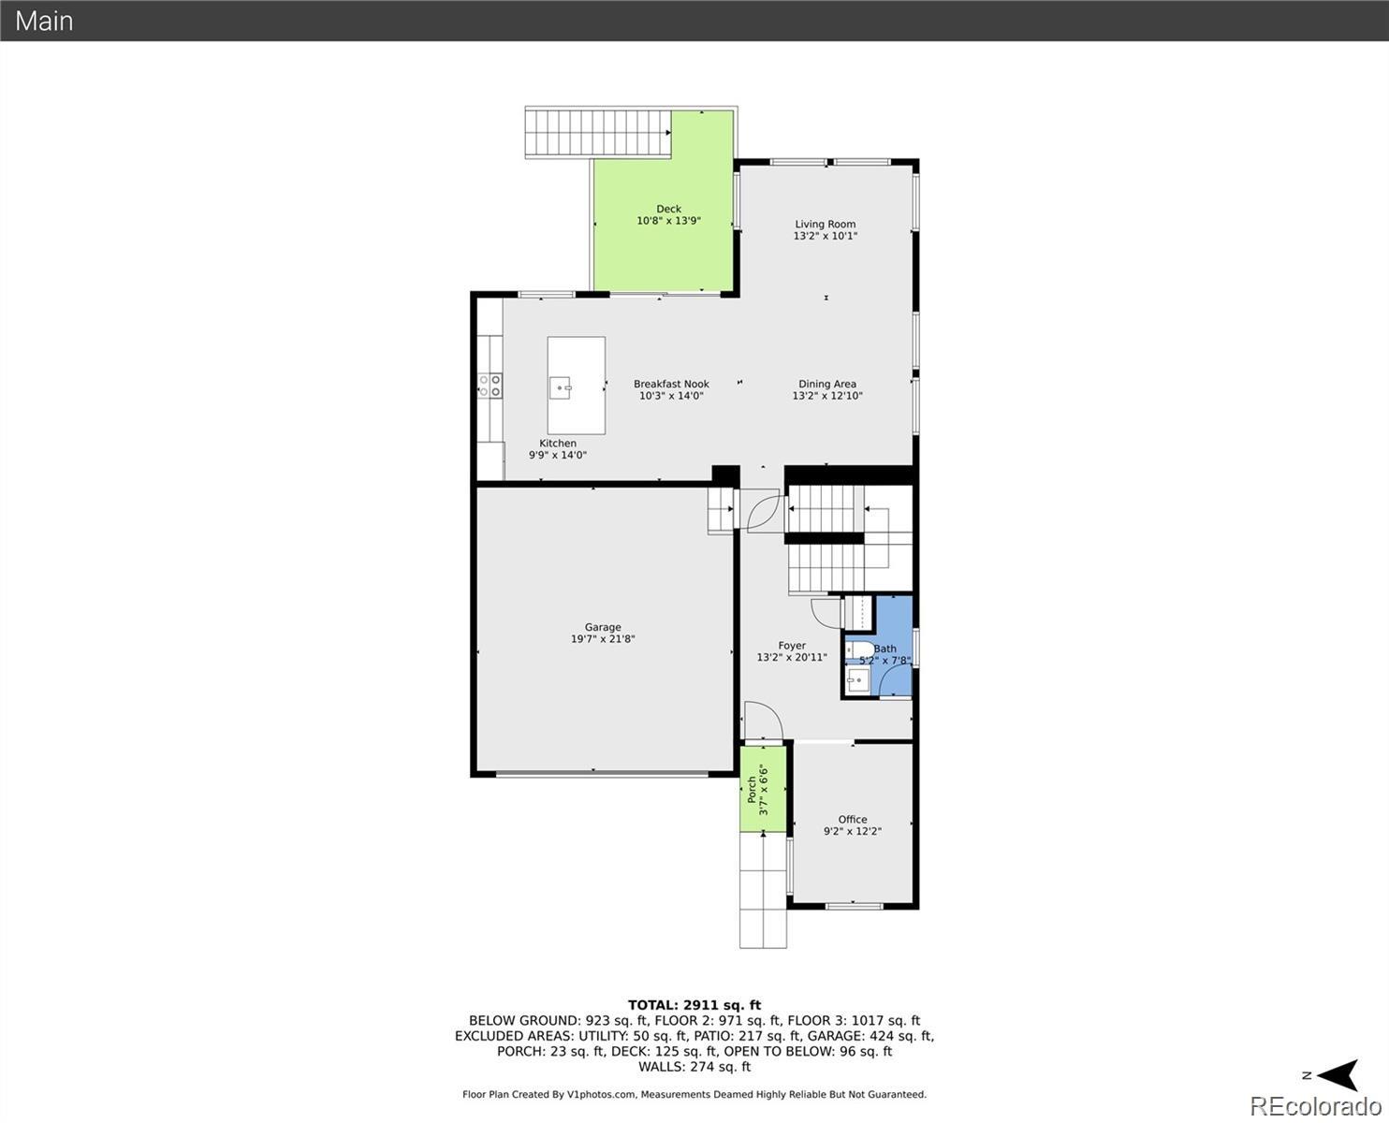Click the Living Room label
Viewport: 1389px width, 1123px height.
(825, 224)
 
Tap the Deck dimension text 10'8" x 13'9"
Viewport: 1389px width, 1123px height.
(668, 221)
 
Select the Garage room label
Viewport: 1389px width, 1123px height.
(603, 627)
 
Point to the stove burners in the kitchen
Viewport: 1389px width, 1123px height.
(490, 384)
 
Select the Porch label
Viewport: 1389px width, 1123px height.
(752, 790)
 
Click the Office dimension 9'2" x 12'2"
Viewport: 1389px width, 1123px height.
(852, 831)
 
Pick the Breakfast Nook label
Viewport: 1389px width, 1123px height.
(671, 384)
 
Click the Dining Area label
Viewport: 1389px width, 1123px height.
(827, 384)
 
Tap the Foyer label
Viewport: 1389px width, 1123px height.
(792, 646)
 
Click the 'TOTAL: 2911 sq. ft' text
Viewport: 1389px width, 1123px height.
(694, 1005)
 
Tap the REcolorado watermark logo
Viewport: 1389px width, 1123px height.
(1316, 1106)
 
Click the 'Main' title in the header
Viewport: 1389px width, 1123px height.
(44, 21)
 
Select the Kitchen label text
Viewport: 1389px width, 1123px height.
(558, 444)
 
